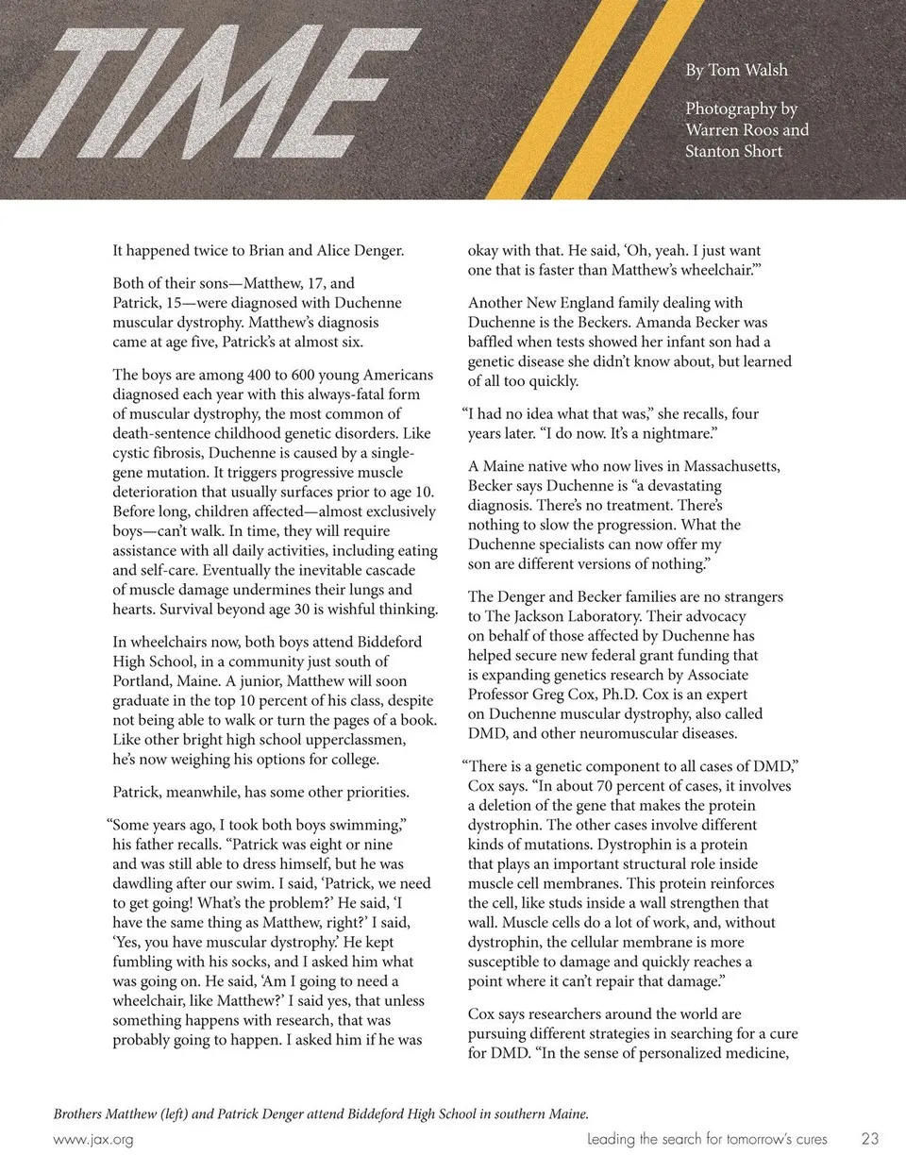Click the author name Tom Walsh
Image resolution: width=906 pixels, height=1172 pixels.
[x=747, y=70]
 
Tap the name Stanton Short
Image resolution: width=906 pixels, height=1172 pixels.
[x=733, y=151]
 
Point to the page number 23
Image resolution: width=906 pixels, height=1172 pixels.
[x=869, y=1139]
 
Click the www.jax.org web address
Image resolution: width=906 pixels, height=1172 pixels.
[x=93, y=1139]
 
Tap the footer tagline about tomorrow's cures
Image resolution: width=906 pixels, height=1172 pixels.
[x=707, y=1139]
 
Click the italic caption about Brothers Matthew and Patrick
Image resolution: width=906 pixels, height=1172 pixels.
[x=321, y=1113]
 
